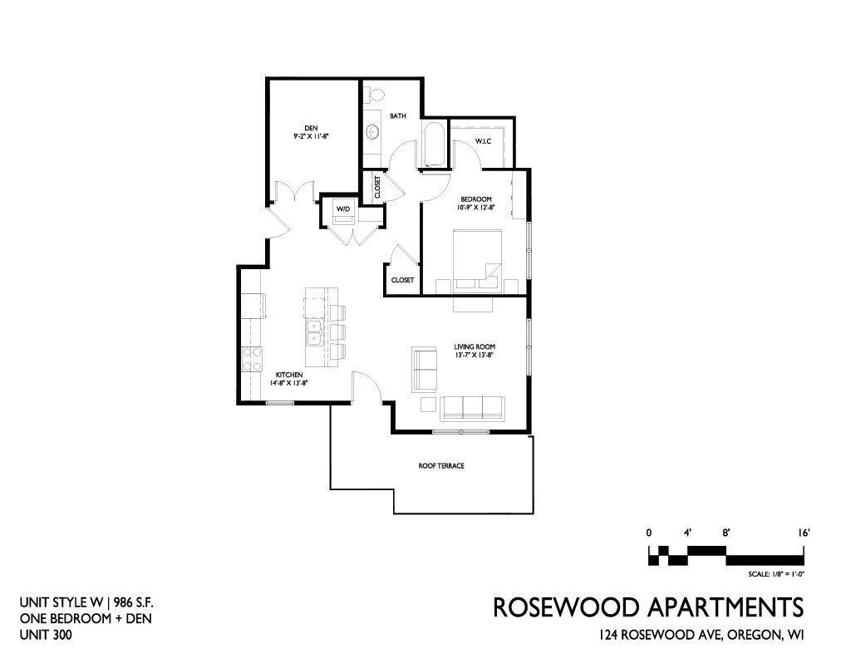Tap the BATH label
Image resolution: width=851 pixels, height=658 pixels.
398,116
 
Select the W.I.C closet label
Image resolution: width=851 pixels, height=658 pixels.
483,141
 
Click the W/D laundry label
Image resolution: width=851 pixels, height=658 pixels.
343,209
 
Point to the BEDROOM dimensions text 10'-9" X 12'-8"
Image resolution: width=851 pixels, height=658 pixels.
476,207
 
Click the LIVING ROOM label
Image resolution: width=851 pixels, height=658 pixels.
475,347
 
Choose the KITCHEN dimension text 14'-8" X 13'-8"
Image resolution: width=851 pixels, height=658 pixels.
289,383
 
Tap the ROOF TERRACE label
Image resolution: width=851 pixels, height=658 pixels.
441,466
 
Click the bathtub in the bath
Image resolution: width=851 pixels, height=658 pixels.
435,145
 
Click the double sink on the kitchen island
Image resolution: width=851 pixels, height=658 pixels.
314,332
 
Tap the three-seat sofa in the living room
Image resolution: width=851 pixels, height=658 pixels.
473,408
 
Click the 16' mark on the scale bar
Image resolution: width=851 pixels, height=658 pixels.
804,533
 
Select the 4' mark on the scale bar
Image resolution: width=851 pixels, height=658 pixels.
687,533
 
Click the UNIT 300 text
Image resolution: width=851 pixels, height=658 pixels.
46,635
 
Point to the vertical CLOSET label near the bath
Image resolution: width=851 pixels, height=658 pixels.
377,187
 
